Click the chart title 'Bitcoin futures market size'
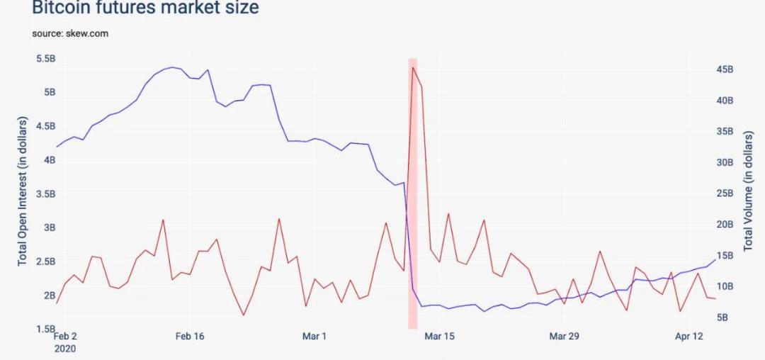point(145,8)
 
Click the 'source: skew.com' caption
point(70,33)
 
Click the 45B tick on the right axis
point(725,69)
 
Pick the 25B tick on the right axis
point(725,193)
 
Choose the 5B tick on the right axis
point(722,317)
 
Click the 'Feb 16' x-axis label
point(189,336)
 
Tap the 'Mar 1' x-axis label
point(314,336)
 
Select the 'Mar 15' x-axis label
point(438,336)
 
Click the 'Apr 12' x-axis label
point(688,336)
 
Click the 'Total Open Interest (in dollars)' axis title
point(22,193)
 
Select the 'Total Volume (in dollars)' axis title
point(748,193)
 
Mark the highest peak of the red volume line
point(412,67)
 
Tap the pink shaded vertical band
point(412,213)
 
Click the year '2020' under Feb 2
point(64,348)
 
